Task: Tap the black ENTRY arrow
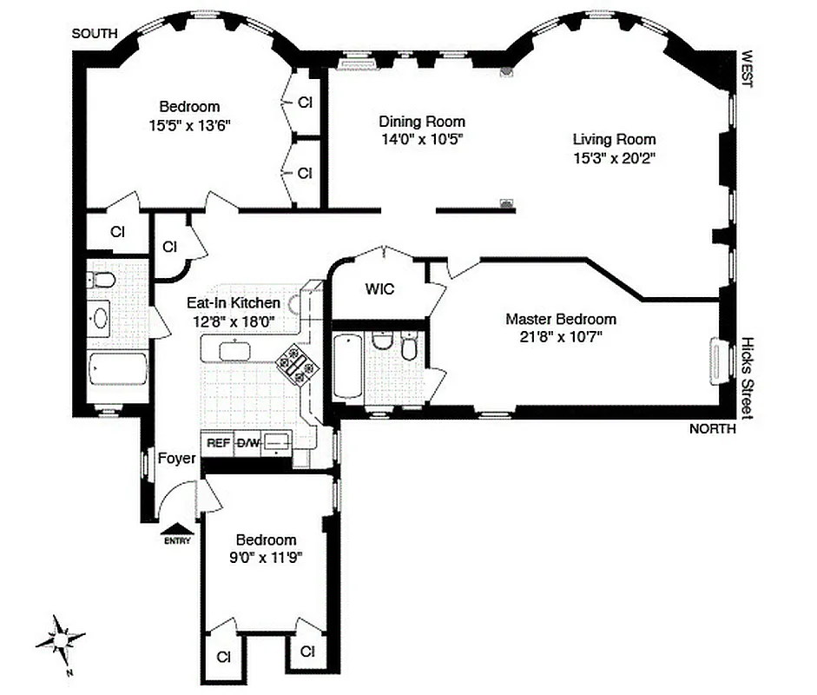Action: click(x=176, y=528)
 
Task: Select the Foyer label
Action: click(x=176, y=459)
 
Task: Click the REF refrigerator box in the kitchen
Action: click(x=218, y=442)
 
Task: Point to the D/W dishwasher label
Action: click(x=248, y=442)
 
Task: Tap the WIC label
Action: click(x=379, y=289)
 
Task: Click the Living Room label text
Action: click(x=614, y=139)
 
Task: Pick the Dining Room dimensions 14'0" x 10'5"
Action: click(x=421, y=139)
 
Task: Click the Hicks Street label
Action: click(x=745, y=379)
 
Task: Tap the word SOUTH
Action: click(x=95, y=33)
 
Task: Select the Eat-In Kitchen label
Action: click(x=234, y=303)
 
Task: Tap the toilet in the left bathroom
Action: click(x=102, y=281)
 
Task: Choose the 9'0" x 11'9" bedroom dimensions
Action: click(x=267, y=556)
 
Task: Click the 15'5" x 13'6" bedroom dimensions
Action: click(x=189, y=124)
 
